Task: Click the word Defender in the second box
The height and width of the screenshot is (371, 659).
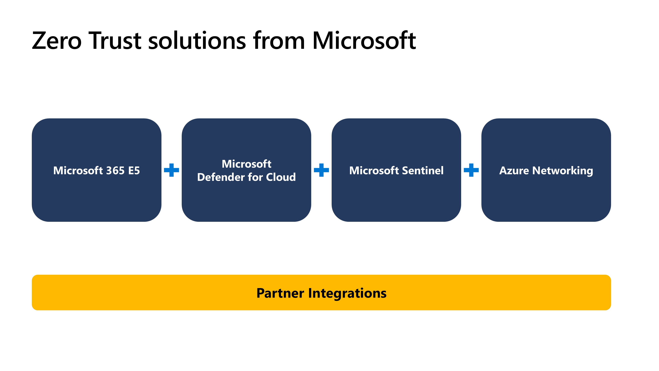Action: pos(221,177)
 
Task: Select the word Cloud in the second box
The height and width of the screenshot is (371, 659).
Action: pos(281,177)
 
